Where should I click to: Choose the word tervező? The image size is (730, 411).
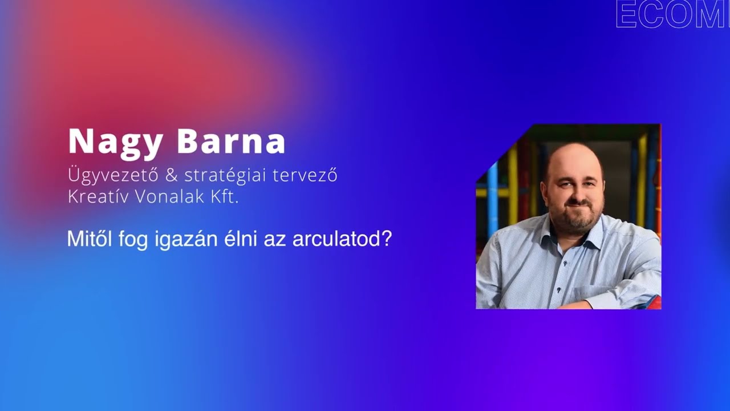point(305,175)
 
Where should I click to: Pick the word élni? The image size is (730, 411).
point(239,239)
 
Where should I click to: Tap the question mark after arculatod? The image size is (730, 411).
point(386,239)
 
